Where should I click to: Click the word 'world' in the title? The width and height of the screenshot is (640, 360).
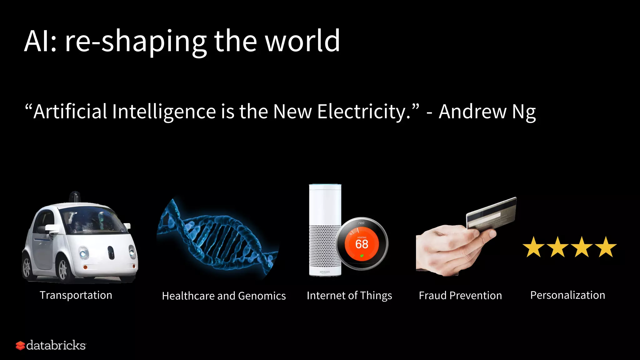(x=302, y=41)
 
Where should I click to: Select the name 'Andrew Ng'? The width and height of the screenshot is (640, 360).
(x=487, y=112)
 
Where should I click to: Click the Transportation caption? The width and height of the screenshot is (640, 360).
(x=76, y=295)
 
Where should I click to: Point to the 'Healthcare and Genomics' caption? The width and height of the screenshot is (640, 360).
(x=224, y=296)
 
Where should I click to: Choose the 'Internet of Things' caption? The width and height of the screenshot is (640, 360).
(x=349, y=295)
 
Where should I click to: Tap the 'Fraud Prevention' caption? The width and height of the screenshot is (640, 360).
(x=460, y=295)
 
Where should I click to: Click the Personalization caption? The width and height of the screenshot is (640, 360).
(x=567, y=295)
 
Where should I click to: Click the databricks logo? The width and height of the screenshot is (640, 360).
(x=51, y=345)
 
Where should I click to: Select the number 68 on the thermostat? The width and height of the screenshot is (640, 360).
(x=362, y=244)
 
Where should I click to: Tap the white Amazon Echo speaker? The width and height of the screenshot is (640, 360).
(x=325, y=219)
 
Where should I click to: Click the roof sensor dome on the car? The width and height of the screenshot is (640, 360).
(x=75, y=197)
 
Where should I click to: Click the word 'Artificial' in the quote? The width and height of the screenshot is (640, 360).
(x=70, y=112)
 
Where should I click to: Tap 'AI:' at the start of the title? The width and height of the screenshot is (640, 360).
(x=41, y=41)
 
